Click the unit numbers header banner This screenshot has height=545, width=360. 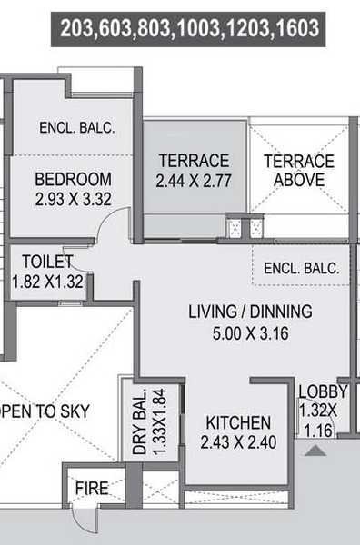190,29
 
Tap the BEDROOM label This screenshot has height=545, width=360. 74,179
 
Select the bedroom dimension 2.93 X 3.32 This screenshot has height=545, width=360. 74,199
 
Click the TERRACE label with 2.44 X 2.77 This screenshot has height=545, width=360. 194,161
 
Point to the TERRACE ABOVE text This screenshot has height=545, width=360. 298,170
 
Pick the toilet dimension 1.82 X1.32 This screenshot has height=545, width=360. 48,282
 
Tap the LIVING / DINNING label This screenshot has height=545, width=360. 250,312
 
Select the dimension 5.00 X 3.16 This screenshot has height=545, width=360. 250,332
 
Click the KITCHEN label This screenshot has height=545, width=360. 238,422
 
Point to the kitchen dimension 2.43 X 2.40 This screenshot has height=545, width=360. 238,443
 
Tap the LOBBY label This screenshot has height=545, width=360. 323,392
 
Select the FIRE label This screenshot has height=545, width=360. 92,489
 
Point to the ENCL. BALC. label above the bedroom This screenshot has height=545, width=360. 76,128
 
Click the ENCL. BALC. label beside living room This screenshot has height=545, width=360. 301,269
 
